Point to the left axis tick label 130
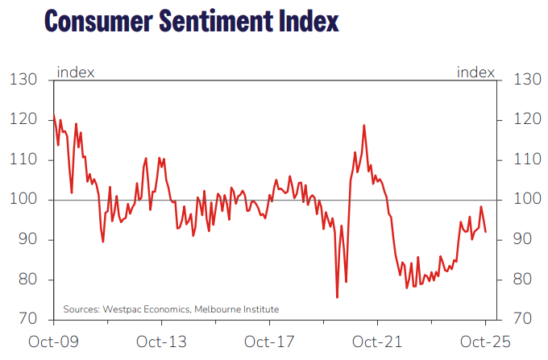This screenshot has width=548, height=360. (24, 80)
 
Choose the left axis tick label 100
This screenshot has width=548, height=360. (24, 200)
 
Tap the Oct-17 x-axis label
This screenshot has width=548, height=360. (270, 341)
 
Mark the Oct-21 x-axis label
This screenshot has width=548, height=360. (378, 341)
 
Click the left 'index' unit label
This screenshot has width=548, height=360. (75, 72)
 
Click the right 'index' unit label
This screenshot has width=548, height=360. (475, 72)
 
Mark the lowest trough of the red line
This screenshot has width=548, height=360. (337, 297)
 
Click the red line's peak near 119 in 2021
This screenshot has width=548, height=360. (364, 126)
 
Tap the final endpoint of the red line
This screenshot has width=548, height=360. (485, 232)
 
